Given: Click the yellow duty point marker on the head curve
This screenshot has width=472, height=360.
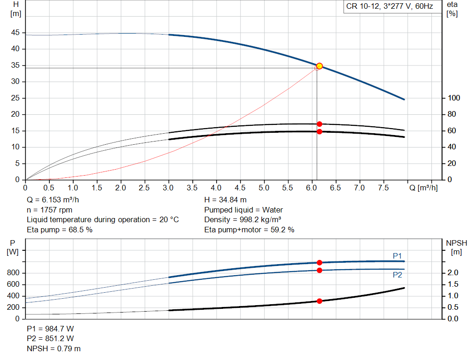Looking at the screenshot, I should coord(319,66).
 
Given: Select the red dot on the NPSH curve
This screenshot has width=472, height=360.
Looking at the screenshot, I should coord(319,301).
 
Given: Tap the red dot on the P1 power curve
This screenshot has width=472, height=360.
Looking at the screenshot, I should coord(319,262).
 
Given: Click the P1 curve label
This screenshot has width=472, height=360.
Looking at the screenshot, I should coord(397,256).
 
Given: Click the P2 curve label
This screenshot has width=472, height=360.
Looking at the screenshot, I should coord(397,275).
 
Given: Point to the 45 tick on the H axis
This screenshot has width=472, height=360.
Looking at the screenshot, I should coord(16,33).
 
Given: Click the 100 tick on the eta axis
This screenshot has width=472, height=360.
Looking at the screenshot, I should coord(454,98).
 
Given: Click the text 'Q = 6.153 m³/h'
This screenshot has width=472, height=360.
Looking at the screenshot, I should coord(56,200).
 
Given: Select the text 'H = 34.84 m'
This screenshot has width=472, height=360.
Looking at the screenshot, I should coord(225,200).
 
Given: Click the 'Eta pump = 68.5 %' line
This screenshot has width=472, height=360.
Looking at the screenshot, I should coord(59,230).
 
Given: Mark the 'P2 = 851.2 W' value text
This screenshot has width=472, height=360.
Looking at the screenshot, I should coord(51,339).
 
